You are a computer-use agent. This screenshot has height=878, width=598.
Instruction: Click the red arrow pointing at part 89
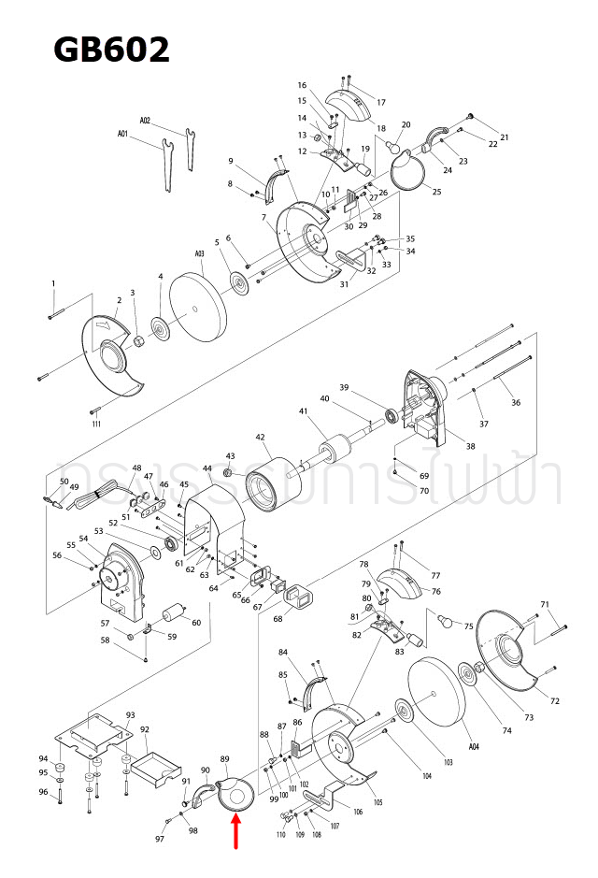235,831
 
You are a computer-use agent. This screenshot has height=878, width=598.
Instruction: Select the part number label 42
261,437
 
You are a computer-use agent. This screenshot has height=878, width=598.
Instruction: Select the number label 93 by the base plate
131,715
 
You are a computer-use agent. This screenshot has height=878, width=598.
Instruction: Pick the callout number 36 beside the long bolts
516,403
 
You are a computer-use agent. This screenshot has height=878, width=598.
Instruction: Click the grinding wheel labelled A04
437,697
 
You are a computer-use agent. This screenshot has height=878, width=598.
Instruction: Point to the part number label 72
554,700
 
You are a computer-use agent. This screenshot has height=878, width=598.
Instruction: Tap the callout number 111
97,425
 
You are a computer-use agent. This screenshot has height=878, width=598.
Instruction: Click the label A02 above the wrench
145,121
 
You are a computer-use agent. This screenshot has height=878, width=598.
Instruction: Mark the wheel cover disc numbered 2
112,355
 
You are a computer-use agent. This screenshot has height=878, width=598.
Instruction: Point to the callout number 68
278,619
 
